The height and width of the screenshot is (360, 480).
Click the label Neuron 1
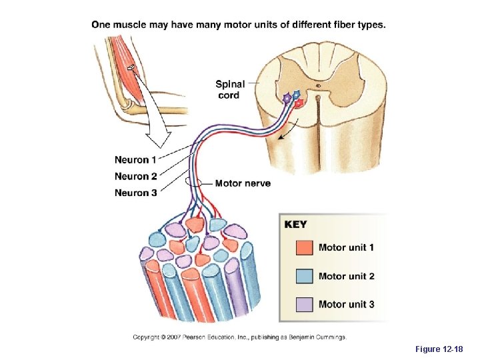pyautogui.click(x=135, y=160)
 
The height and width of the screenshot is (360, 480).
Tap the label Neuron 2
pyautogui.click(x=135, y=177)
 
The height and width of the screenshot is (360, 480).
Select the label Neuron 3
pyautogui.click(x=135, y=193)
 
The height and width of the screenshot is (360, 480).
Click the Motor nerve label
pyautogui.click(x=243, y=183)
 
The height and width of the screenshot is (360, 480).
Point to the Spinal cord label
pyautogui.click(x=230, y=89)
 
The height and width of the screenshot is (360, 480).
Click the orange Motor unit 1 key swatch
pyautogui.click(x=304, y=248)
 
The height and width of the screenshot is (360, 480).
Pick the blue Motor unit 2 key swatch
pyautogui.click(x=304, y=276)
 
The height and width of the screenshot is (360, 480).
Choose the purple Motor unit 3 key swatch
pyautogui.click(x=304, y=304)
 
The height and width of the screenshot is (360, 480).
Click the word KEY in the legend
pyautogui.click(x=296, y=225)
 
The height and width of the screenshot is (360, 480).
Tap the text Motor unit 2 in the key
pyautogui.click(x=346, y=276)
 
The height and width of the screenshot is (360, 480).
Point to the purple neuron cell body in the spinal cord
pyautogui.click(x=287, y=98)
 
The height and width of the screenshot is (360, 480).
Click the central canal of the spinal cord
pyautogui.click(x=319, y=85)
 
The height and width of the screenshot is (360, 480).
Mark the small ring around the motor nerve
pyautogui.click(x=194, y=182)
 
